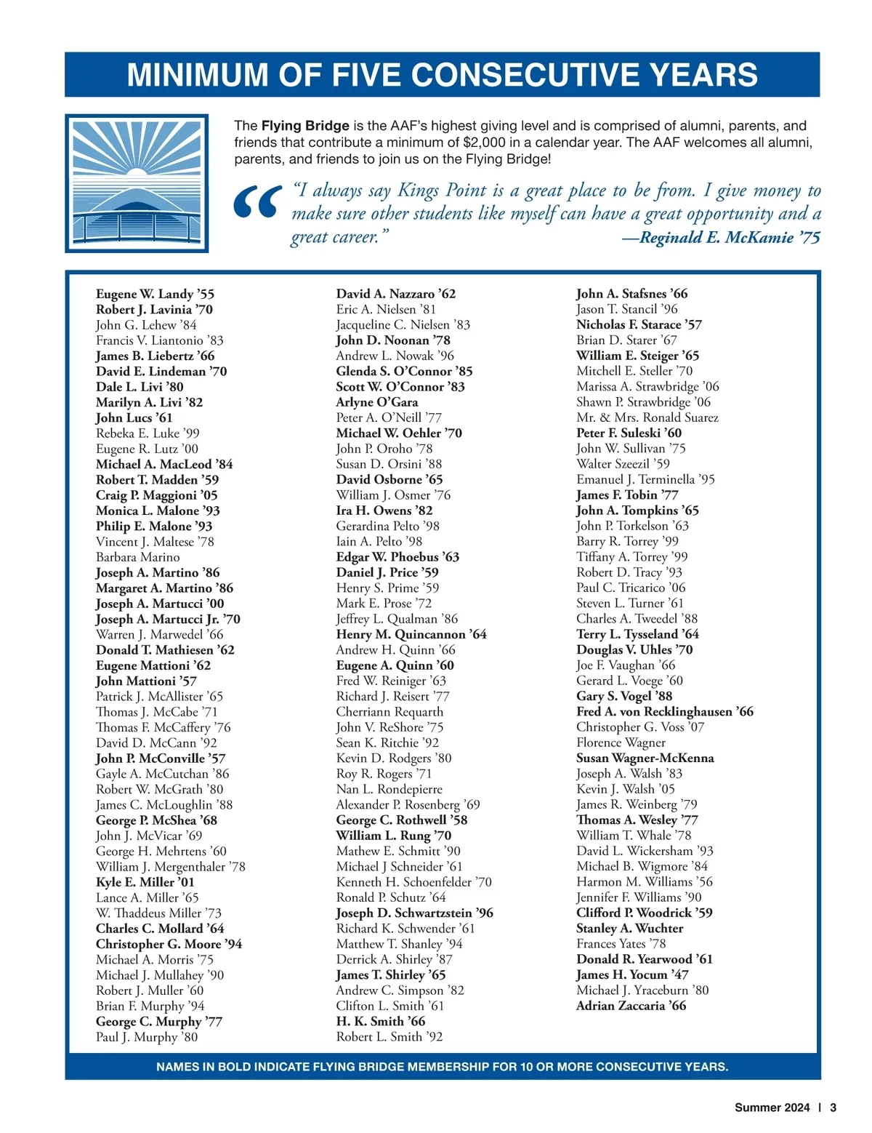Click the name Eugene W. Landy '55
(x=155, y=294)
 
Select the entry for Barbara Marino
(x=137, y=557)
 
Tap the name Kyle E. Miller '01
(x=145, y=882)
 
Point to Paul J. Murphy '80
(x=146, y=1037)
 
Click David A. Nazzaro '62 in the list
(x=395, y=294)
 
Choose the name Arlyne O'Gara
(x=376, y=402)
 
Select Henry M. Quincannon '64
(x=411, y=634)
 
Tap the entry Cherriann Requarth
(x=389, y=712)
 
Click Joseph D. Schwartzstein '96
(x=414, y=913)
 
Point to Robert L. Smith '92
(x=389, y=1037)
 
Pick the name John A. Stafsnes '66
(x=631, y=294)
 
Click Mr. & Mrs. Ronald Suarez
(x=647, y=417)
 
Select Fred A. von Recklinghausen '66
(x=664, y=712)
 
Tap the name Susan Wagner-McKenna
(x=645, y=758)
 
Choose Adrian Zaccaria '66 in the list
(x=631, y=1006)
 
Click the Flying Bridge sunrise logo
(x=137, y=183)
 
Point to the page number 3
(x=833, y=1108)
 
